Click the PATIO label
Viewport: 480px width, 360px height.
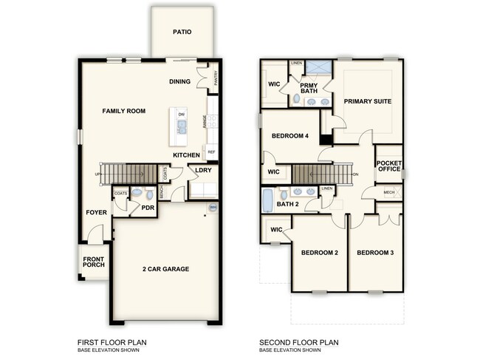182,32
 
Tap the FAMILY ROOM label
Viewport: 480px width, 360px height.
123,111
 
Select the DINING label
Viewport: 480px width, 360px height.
180,81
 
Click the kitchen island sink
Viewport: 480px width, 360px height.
181,126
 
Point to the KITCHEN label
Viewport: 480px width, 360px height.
186,155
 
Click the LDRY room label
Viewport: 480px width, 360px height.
203,171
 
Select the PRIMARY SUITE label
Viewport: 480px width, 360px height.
367,101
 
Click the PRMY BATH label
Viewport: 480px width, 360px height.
309,88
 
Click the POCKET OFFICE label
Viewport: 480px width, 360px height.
388,166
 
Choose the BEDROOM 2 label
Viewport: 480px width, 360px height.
319,254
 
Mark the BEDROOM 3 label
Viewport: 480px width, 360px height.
375,254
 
